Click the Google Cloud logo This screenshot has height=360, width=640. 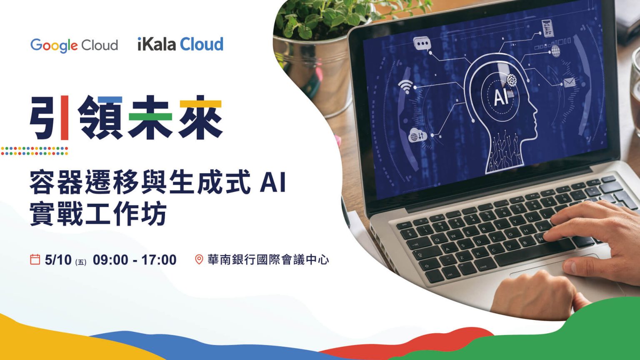74,45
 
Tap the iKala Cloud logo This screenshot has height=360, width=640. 180,44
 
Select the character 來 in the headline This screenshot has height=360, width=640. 200,118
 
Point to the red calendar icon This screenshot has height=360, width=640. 35,260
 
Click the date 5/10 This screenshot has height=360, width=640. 58,260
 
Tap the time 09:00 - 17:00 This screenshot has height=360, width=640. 135,260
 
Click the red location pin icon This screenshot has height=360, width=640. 199,260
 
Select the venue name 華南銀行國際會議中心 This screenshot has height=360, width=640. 268,260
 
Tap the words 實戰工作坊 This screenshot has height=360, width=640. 98,214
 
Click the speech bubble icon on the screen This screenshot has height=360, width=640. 422,44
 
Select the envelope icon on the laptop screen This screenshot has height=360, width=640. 569,82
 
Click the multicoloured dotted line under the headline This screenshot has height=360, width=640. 34,150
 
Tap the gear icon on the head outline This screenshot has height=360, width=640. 512,79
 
